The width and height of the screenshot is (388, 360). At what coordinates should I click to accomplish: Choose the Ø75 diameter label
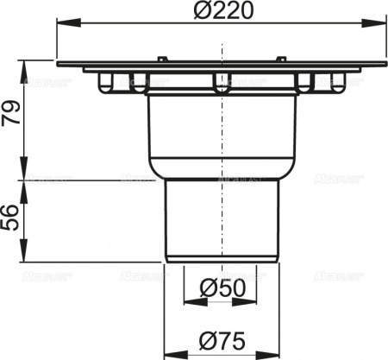coord(223,339)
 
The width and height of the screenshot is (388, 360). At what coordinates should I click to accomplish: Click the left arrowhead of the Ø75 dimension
coord(167,355)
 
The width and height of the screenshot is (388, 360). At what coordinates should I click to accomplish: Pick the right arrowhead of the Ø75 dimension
coord(277,355)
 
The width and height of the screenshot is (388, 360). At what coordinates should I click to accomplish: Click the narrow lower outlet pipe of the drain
coord(222,220)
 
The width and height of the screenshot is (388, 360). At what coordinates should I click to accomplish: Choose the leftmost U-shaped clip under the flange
coord(105,83)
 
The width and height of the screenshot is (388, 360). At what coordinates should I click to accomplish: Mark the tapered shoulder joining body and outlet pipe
coord(222,173)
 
